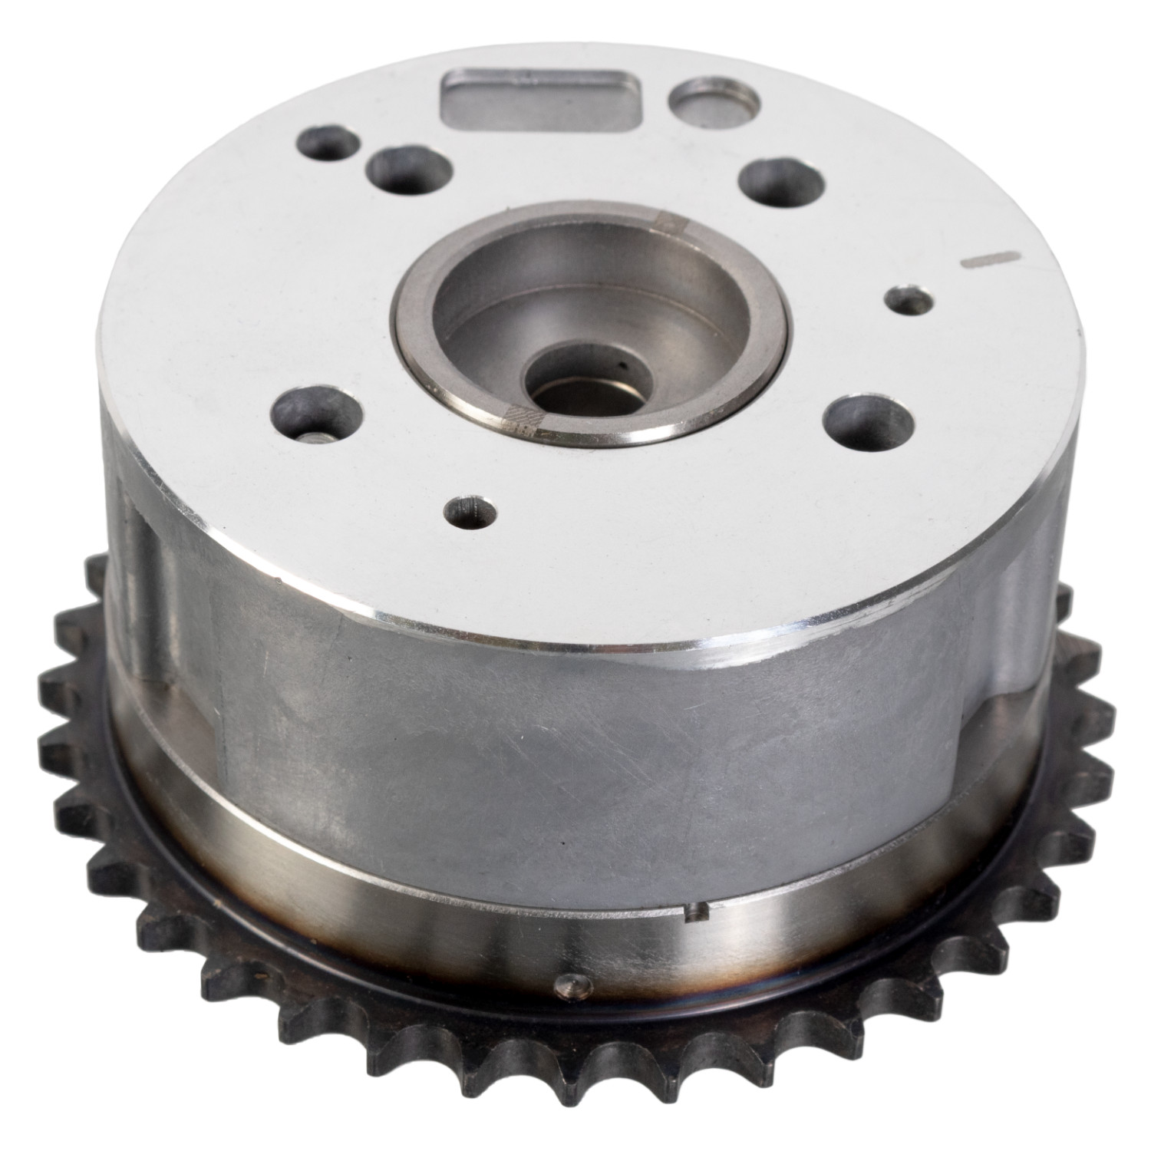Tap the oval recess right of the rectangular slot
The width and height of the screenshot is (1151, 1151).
(713, 99)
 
